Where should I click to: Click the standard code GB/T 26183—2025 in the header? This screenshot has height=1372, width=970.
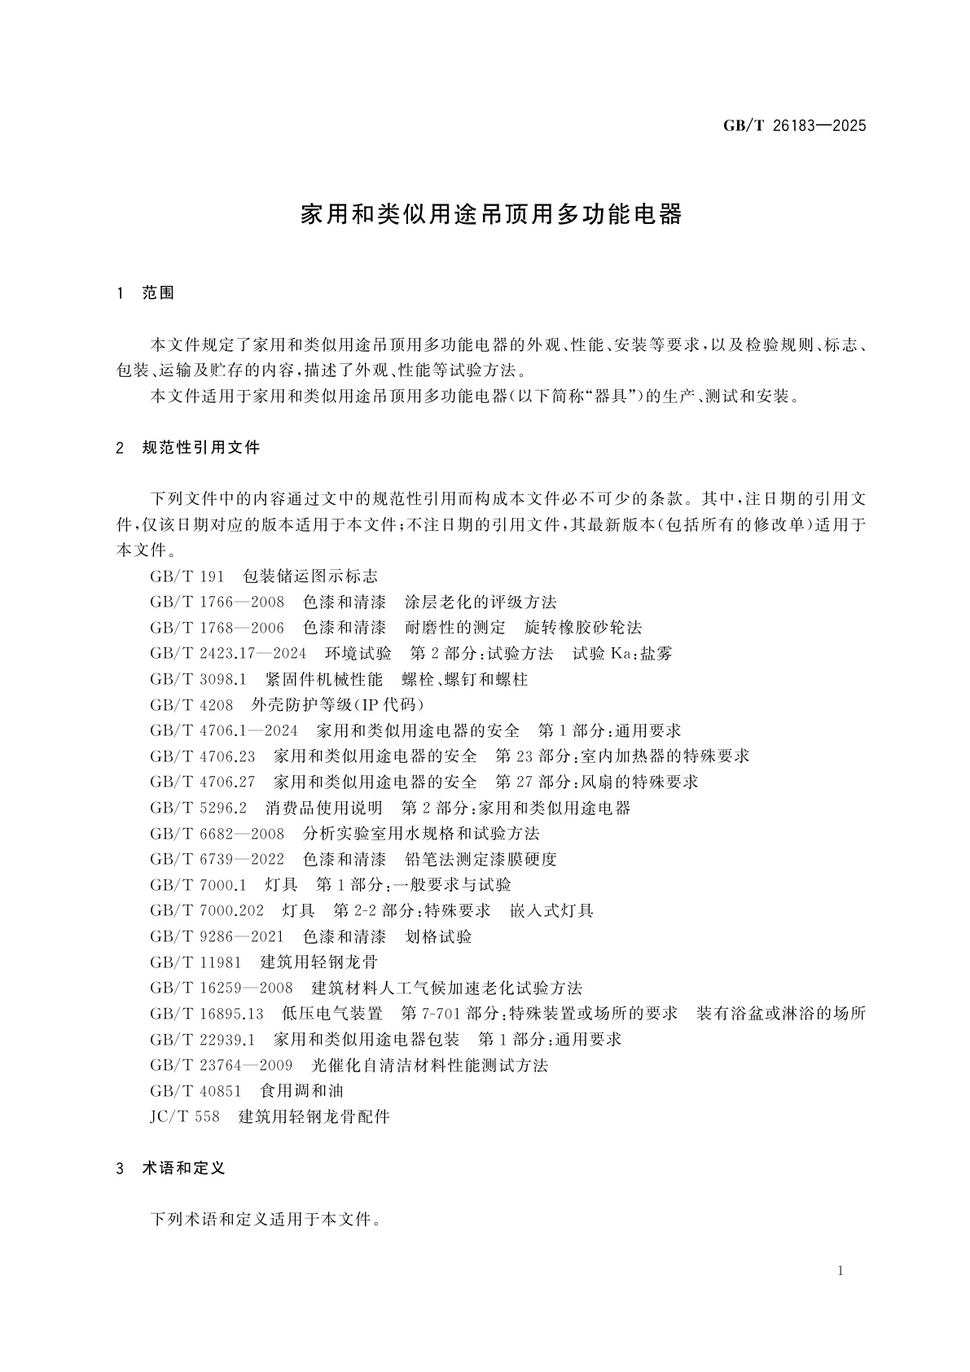(794, 125)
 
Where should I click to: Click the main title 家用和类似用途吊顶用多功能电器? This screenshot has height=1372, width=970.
(491, 215)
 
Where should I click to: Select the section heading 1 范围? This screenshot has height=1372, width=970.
(147, 293)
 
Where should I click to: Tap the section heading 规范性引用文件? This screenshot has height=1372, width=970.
(200, 448)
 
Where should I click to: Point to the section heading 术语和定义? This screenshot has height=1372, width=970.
(183, 1168)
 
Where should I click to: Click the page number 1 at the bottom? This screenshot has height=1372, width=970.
(841, 1272)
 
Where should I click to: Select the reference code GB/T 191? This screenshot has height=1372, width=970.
(187, 576)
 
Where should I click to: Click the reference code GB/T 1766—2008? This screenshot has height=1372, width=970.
(217, 603)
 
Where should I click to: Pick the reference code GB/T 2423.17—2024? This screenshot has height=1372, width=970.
(228, 653)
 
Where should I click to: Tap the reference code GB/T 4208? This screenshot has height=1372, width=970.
(191, 705)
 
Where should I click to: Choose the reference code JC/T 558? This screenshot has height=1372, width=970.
(185, 1116)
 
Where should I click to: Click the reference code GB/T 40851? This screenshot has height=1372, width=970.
(195, 1091)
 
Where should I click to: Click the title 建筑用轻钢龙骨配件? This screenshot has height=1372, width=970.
(314, 1116)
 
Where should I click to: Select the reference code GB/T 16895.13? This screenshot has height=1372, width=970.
(207, 1014)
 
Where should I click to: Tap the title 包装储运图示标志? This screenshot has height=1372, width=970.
(310, 576)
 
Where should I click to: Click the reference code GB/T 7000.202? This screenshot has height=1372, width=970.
(207, 910)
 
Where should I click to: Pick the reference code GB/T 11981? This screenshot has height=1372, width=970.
(195, 962)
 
